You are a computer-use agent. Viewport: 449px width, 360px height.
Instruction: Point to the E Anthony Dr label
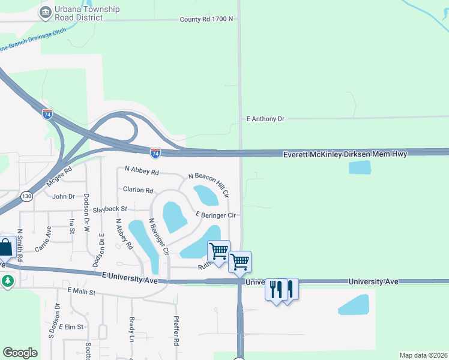pyautogui.click(x=265, y=119)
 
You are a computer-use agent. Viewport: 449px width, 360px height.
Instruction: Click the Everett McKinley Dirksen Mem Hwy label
pyautogui.click(x=345, y=154)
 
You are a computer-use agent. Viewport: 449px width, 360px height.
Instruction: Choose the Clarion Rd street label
pyautogui.click(x=138, y=190)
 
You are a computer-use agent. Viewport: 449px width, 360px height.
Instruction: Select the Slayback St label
pyautogui.click(x=110, y=209)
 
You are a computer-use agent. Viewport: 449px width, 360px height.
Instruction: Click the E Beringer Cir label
pyautogui.click(x=218, y=214)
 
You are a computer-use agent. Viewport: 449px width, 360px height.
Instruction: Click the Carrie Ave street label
pyautogui.click(x=43, y=239)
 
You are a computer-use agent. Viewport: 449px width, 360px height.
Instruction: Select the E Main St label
pyautogui.click(x=82, y=291)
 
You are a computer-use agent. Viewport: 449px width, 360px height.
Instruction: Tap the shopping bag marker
pyautogui.click(x=5, y=247)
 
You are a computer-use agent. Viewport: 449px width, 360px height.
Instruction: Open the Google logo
pyautogui.click(x=20, y=353)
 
